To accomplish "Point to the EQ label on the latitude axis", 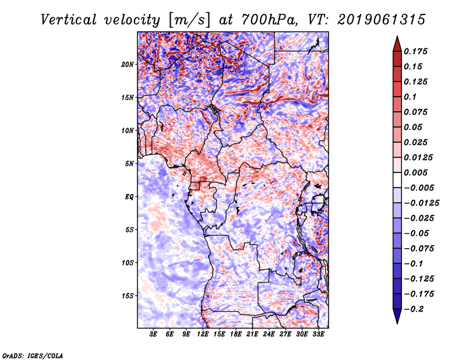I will [129, 197].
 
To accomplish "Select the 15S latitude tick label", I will [128, 296].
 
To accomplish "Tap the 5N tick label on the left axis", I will [130, 164].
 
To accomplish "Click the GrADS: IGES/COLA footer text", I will [33, 355].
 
